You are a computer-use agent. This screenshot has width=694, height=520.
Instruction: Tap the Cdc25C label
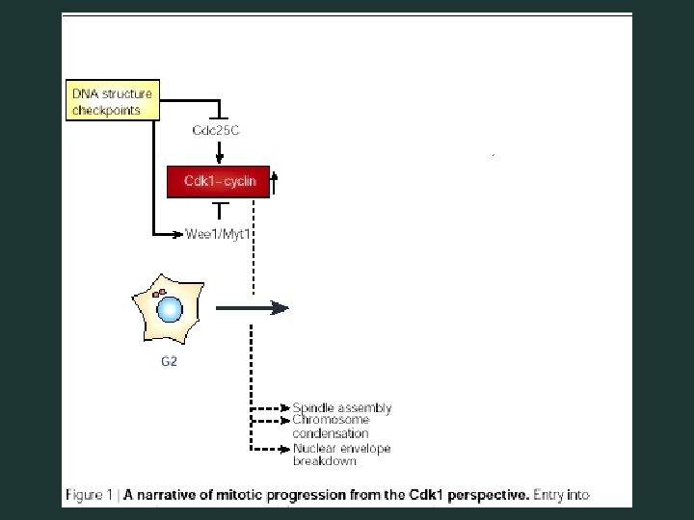click(216, 130)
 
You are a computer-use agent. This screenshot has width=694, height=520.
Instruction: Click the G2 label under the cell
click(168, 363)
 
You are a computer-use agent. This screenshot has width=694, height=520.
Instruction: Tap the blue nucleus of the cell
click(170, 309)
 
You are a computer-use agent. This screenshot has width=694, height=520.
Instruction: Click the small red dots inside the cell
click(160, 291)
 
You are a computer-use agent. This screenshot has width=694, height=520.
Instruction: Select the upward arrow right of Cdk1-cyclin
click(274, 181)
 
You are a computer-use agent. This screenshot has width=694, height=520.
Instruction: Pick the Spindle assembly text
click(342, 408)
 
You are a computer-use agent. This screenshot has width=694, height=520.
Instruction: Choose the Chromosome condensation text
click(331, 427)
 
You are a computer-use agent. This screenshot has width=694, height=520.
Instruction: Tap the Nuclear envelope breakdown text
click(341, 455)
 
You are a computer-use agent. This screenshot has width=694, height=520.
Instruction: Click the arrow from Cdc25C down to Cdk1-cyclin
click(220, 151)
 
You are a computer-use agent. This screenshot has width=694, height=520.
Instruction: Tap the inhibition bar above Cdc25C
click(220, 114)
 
